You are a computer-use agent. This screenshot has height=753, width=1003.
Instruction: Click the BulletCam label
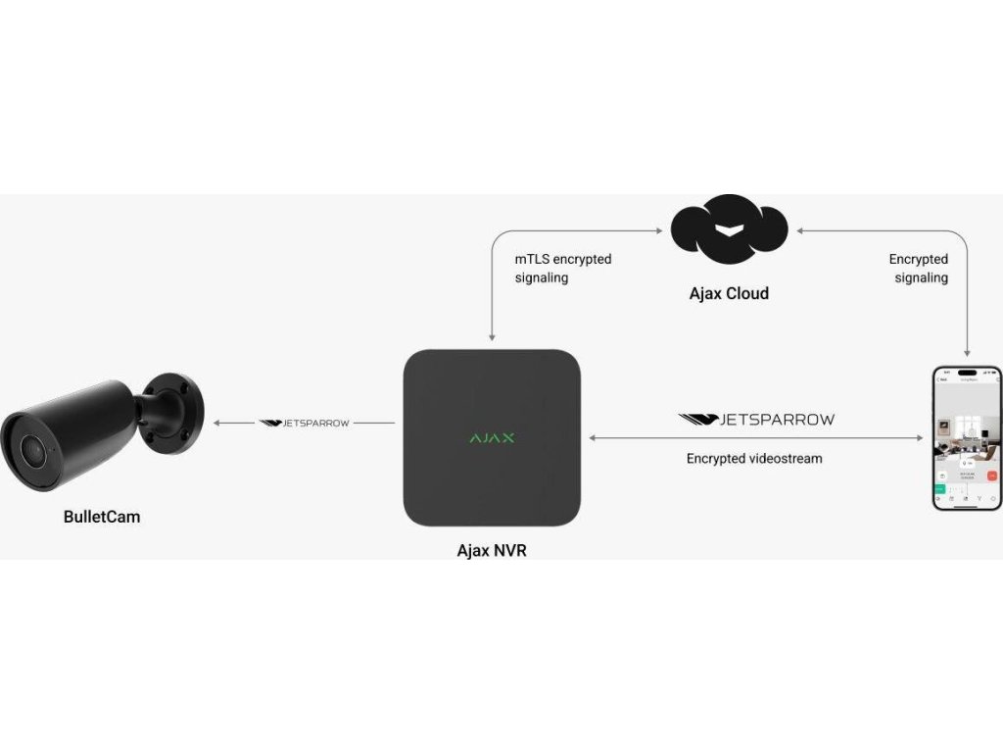(x=102, y=516)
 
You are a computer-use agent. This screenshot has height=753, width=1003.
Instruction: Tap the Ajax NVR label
(x=492, y=550)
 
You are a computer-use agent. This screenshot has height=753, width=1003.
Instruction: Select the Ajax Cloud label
(x=727, y=293)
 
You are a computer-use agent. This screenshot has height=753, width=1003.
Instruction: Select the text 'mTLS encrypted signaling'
(x=563, y=268)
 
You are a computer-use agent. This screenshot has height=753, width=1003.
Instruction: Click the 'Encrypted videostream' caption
(x=754, y=458)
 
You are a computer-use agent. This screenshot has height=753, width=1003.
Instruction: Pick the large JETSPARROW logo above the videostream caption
(x=756, y=420)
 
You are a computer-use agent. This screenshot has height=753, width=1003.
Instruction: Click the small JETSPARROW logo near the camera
(x=304, y=423)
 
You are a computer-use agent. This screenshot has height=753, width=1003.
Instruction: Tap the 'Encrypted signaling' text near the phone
(x=919, y=268)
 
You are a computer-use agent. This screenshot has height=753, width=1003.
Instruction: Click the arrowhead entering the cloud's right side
(x=799, y=231)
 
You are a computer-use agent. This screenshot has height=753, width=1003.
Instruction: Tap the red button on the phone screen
(x=991, y=476)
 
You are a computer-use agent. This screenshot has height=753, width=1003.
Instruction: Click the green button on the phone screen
(x=940, y=487)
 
